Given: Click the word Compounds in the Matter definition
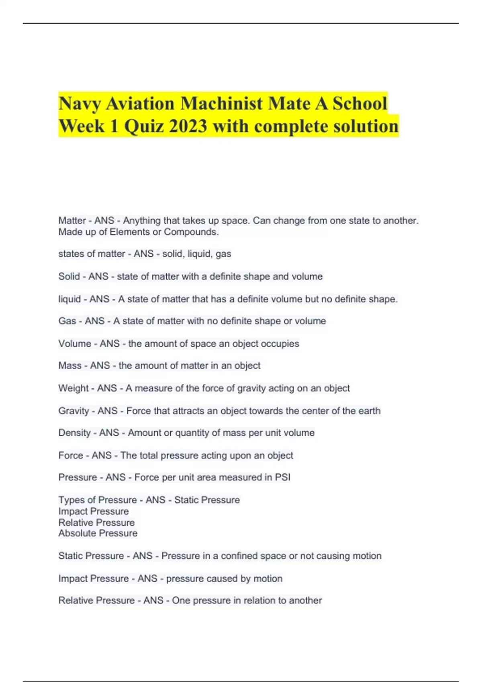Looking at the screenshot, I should [191, 232].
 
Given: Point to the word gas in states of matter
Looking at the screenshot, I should [223, 254].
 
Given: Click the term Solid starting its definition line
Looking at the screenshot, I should [69, 276].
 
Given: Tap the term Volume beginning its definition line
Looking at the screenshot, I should [75, 344].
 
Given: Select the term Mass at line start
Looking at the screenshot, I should [70, 365].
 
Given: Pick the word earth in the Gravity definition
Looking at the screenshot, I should [369, 411].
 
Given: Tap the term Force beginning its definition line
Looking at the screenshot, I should [71, 455].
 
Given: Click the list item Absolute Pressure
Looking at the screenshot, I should [98, 533].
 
